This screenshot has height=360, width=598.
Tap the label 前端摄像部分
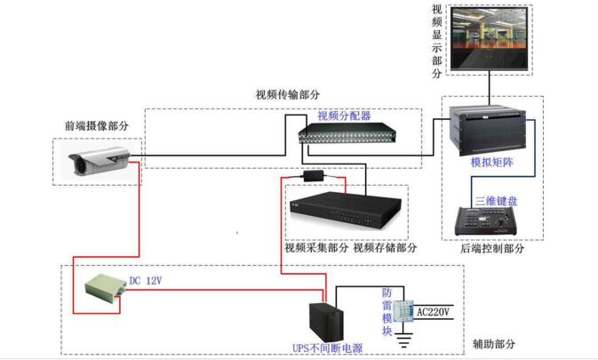[x=96, y=126]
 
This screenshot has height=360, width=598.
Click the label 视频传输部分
[x=288, y=95]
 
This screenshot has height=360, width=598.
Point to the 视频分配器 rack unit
[x=337, y=132]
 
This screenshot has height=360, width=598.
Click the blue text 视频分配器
[x=344, y=116]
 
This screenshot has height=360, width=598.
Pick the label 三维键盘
[x=495, y=200]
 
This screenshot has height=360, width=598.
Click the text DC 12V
[x=146, y=280]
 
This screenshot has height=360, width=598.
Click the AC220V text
[x=434, y=312]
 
